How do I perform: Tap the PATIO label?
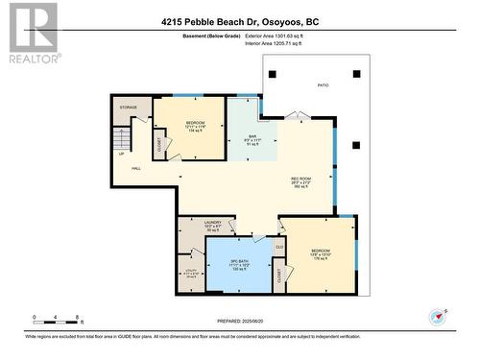point(323,86)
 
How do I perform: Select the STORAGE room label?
point(129,108)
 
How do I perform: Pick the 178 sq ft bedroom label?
point(320,252)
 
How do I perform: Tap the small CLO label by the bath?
point(279,247)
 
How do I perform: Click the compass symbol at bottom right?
point(439,316)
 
